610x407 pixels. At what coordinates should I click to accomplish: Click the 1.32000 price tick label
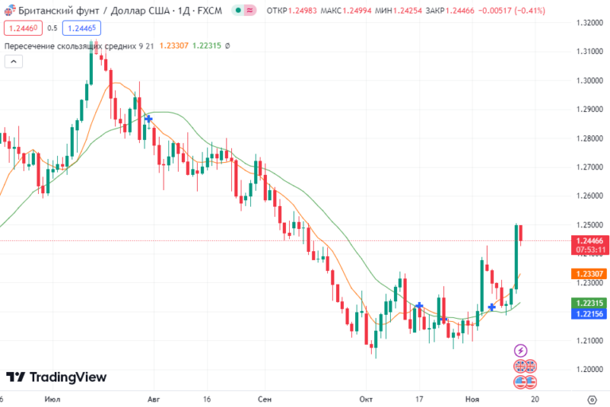click(x=590, y=23)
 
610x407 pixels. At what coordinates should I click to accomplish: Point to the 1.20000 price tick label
click(x=590, y=370)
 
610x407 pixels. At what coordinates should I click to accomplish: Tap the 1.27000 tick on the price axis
click(x=590, y=167)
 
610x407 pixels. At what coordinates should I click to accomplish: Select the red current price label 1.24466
click(x=590, y=240)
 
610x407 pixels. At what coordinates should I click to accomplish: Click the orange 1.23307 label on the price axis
click(x=590, y=273)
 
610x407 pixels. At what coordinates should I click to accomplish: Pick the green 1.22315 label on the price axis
click(x=590, y=303)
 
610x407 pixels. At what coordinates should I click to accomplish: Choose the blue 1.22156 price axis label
click(x=590, y=314)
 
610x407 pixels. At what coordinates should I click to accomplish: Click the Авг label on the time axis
click(x=154, y=399)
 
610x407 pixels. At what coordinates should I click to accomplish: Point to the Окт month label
click(x=366, y=399)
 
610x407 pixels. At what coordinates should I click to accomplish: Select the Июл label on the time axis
click(x=53, y=399)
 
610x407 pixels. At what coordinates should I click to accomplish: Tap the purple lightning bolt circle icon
click(x=520, y=350)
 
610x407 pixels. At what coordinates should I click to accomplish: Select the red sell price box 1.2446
click(x=22, y=27)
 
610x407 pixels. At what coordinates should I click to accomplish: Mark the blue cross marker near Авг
click(x=149, y=118)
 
